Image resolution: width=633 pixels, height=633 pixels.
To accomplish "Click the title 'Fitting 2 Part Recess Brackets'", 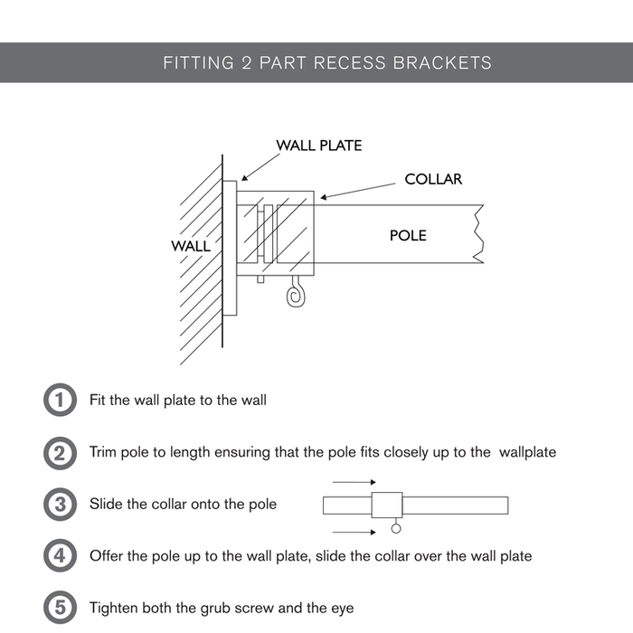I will tap(327, 63).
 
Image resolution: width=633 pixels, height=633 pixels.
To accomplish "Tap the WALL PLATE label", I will tap(318, 145).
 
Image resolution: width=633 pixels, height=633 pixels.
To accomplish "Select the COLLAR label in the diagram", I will tap(433, 179).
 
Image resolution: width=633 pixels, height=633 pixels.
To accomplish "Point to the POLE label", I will tap(408, 235).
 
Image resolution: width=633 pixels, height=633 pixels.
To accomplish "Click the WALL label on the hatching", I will tap(190, 246).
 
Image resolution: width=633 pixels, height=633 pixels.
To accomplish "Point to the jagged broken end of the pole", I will tap(478, 234).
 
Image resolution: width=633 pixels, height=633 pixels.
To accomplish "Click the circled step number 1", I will tap(60, 400).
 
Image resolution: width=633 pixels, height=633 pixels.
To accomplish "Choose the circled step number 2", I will tap(60, 452).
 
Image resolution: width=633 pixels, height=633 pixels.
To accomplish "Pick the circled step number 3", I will tap(60, 504).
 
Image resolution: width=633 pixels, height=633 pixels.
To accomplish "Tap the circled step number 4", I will tap(60, 555).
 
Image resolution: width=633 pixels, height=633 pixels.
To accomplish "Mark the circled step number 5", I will tap(60, 607).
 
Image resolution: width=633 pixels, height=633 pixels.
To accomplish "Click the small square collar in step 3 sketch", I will tap(387, 505).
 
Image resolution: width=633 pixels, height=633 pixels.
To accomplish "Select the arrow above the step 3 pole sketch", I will tap(347, 483).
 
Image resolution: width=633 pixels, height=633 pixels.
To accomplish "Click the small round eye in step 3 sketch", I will tap(394, 529).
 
